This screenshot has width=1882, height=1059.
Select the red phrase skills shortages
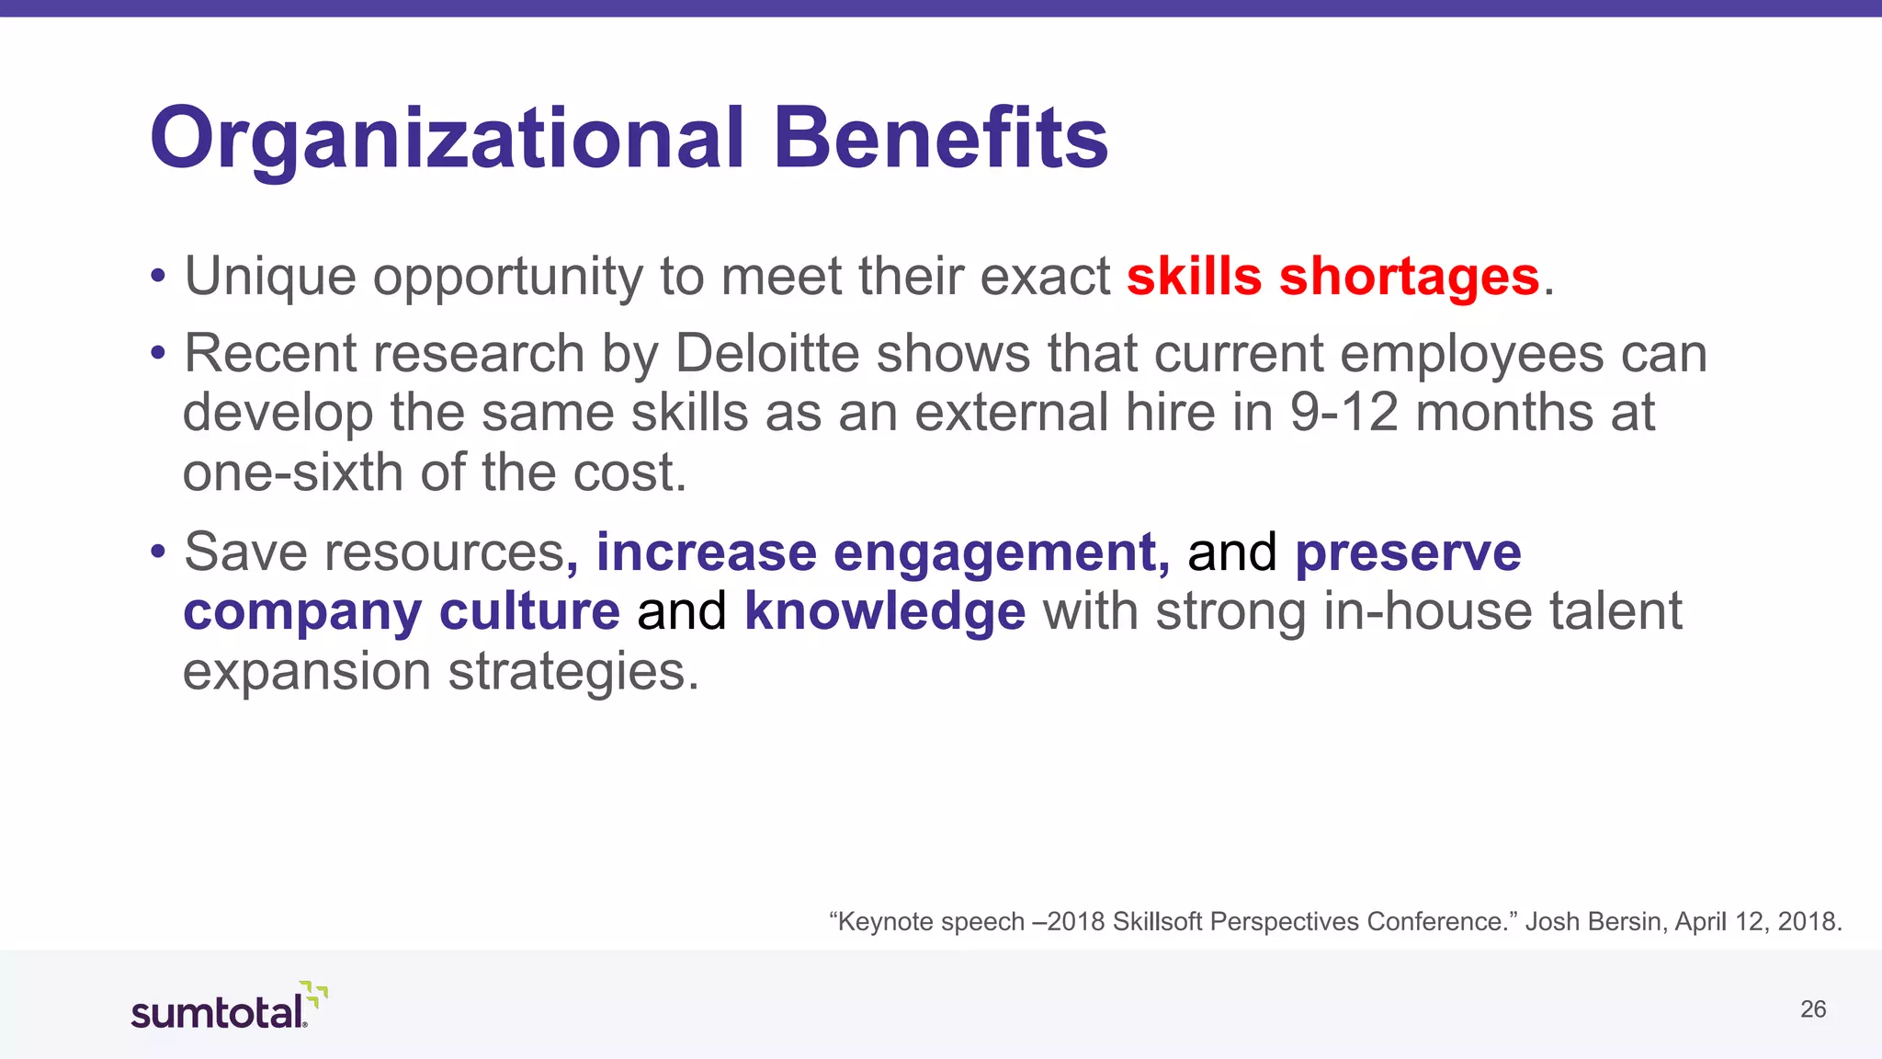click(x=1332, y=276)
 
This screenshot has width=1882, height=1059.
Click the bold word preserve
click(x=1408, y=552)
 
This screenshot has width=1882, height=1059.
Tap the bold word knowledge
click(x=884, y=611)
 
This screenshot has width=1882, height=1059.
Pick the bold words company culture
click(x=402, y=611)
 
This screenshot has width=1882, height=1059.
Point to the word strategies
click(x=573, y=671)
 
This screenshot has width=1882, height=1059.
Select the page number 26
click(x=1812, y=1009)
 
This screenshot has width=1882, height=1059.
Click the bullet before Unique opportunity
click(x=158, y=276)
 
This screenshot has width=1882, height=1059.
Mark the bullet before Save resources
click(x=158, y=552)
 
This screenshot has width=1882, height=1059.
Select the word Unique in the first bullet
click(x=270, y=276)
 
